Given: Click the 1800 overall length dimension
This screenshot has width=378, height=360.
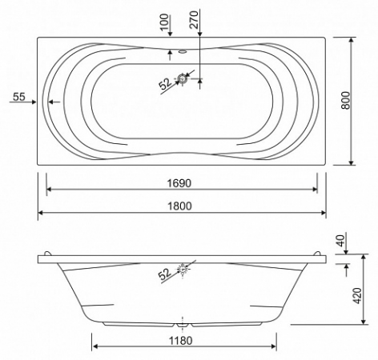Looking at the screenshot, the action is [x=179, y=206].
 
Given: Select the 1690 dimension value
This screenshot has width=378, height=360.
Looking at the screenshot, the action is [x=179, y=183].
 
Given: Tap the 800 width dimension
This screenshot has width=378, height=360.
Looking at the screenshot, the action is [x=346, y=100].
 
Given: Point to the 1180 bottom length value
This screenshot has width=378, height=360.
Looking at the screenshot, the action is [x=181, y=341].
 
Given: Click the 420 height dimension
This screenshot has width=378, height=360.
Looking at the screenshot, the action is [x=358, y=295].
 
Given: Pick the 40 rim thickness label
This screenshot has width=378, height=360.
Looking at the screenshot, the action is [x=342, y=240].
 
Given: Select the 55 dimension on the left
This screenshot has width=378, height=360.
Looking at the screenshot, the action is [x=19, y=97].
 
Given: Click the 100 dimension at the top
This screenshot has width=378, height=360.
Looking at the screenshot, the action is [x=165, y=22].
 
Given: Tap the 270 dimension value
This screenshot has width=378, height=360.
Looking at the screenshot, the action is [x=195, y=19].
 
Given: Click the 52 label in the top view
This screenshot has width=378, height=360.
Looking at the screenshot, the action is [x=166, y=84].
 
